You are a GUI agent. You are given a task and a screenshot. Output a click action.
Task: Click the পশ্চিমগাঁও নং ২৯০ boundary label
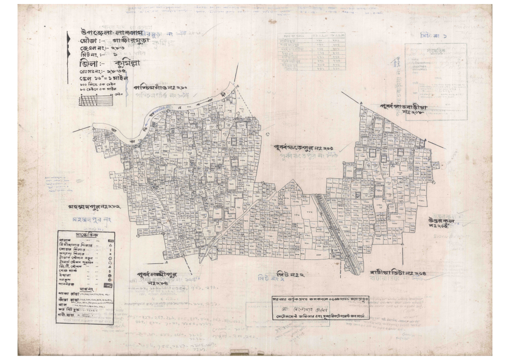(162, 86)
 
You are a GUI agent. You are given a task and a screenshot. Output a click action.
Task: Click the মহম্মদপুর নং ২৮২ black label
(94, 206)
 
